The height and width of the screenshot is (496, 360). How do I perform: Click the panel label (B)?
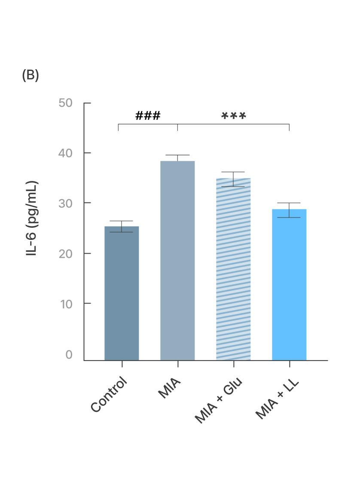(x=30, y=75)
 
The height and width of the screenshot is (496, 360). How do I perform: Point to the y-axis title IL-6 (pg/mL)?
(x=32, y=219)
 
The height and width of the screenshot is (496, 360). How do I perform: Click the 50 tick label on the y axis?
(x=65, y=103)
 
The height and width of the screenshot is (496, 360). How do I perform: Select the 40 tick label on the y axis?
(x=65, y=153)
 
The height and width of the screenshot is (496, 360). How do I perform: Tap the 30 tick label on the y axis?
(x=65, y=203)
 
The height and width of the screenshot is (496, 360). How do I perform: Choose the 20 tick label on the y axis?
(x=65, y=253)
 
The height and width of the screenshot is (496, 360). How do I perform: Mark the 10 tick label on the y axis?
(x=65, y=303)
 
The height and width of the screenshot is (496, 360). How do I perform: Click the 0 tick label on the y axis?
(x=69, y=355)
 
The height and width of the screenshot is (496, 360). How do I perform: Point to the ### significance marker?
(x=148, y=116)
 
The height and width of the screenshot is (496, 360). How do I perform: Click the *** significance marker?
(x=234, y=116)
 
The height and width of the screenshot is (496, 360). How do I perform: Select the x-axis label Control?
(x=110, y=394)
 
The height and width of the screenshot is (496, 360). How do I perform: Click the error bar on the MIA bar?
(x=177, y=158)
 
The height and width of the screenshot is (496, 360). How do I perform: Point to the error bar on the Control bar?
(x=122, y=227)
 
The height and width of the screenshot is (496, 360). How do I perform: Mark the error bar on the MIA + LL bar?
(x=289, y=210)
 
